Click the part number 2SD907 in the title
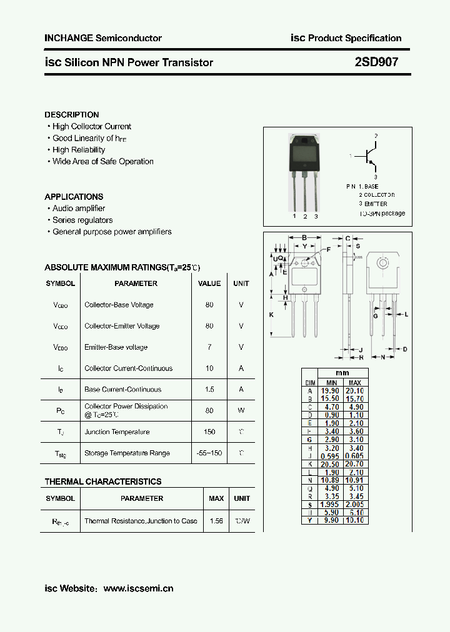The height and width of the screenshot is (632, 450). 376,62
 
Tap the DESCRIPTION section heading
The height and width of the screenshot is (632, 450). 72,115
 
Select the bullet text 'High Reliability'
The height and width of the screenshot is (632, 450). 79,150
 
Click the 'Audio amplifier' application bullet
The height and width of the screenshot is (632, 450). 79,209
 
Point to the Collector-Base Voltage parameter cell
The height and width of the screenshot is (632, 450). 119,305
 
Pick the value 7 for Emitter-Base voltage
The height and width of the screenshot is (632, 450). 209,347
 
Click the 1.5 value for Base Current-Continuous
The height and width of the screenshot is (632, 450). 209,390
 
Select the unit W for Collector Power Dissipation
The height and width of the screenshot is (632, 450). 241,411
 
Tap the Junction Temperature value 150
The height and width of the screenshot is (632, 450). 209,432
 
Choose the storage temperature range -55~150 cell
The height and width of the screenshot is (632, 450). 209,453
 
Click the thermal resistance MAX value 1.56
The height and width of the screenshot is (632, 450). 216,521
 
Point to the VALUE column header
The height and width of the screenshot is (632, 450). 209,284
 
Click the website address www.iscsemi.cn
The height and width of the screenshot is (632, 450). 138,588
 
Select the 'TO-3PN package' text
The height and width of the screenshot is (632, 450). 382,214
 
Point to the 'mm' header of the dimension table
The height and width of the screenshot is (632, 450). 342,373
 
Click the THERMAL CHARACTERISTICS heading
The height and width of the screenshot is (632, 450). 103,481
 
